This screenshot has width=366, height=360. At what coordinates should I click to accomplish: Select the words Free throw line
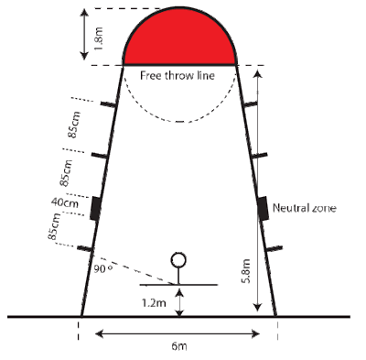tap(179, 76)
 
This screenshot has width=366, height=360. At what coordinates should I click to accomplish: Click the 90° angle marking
tap(102, 270)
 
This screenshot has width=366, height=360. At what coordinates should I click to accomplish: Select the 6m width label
tap(179, 347)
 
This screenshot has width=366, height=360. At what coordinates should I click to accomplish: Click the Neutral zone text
tap(305, 208)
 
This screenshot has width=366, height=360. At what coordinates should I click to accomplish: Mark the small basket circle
tap(180, 259)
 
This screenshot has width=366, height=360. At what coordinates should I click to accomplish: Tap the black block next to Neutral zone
tap(263, 207)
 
